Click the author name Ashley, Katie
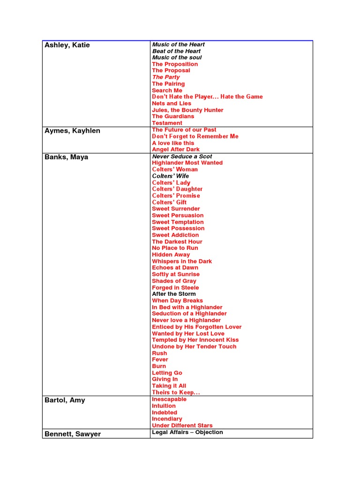click(x=67, y=45)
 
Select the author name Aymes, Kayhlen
click(x=72, y=131)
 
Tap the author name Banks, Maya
click(x=66, y=157)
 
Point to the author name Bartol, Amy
click(x=65, y=400)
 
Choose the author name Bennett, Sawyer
click(x=73, y=434)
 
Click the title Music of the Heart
click(x=178, y=45)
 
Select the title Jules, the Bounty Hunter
click(x=187, y=110)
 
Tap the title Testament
click(x=167, y=123)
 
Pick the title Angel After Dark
click(x=176, y=150)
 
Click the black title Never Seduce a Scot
click(x=182, y=156)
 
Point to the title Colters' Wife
click(x=171, y=176)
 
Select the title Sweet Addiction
click(x=175, y=235)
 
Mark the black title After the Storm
click(x=174, y=294)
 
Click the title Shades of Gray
click(x=174, y=281)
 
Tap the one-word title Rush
click(x=159, y=353)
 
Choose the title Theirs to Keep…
click(x=176, y=392)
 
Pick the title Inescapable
click(x=169, y=399)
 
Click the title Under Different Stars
click(x=182, y=425)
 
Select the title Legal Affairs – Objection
click(x=187, y=432)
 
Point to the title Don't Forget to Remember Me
click(x=195, y=136)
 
